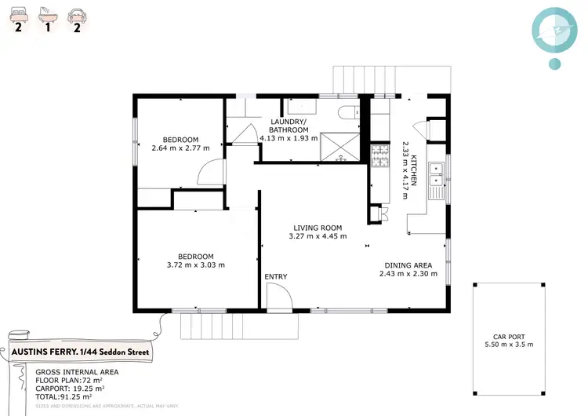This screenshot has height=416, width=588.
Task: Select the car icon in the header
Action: (76, 13)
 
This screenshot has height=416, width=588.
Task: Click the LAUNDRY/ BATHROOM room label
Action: (289, 126)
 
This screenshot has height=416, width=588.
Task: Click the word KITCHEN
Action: (415, 169)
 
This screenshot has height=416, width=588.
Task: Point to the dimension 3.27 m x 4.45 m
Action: (318, 235)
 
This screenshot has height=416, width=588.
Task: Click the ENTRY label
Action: (276, 276)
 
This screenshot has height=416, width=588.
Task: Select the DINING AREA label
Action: (408, 265)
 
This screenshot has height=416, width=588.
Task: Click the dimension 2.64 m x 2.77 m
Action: (181, 148)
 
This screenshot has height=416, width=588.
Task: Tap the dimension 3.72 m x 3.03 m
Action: (195, 265)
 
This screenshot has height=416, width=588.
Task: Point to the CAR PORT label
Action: (509, 334)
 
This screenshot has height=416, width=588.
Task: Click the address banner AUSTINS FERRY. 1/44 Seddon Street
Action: (79, 352)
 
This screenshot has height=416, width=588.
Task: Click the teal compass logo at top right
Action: (554, 29)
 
